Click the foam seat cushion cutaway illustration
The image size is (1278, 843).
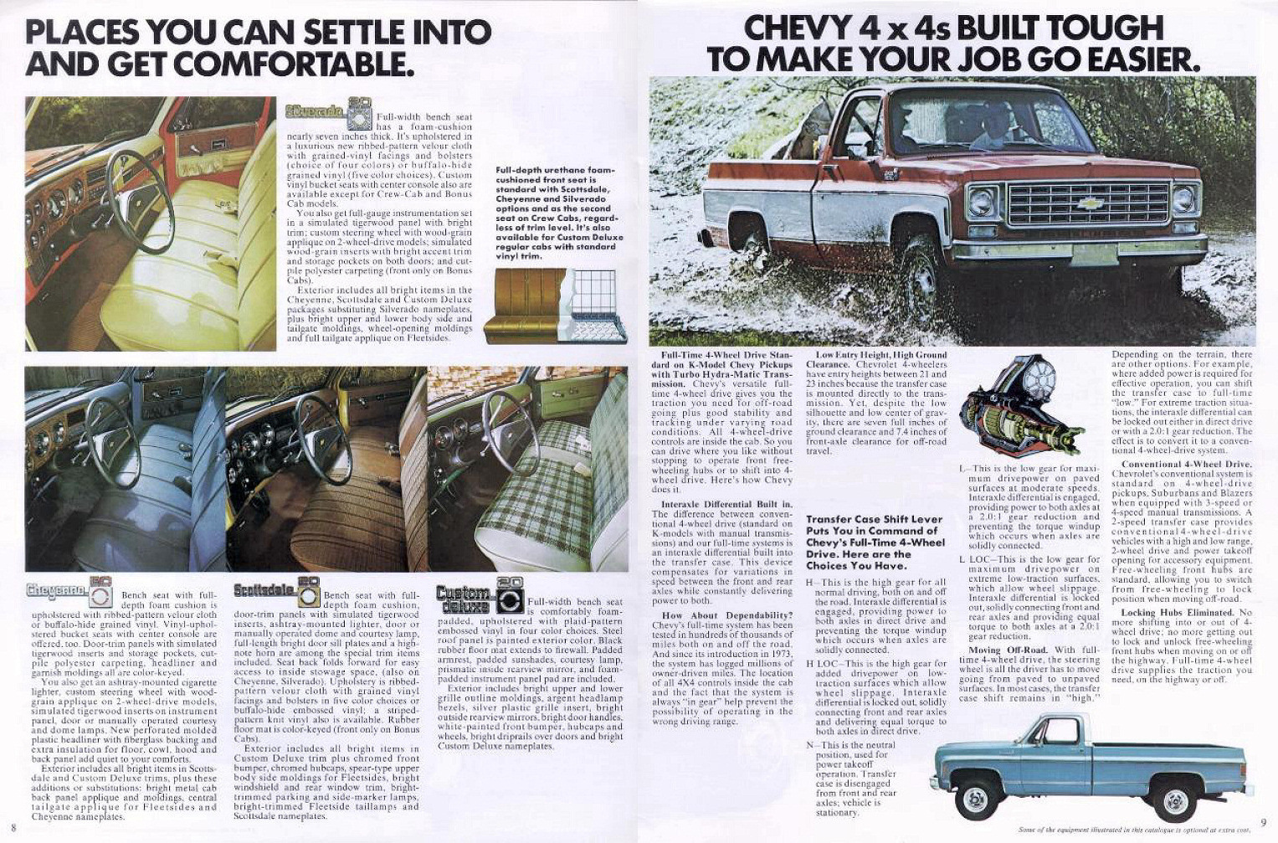point(557,306)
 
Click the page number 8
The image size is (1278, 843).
point(14,830)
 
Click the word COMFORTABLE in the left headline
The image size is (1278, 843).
point(300,64)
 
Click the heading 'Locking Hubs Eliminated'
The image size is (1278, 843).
point(1180,613)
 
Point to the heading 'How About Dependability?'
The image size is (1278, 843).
point(721,614)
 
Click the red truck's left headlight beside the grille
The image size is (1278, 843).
point(980,201)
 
